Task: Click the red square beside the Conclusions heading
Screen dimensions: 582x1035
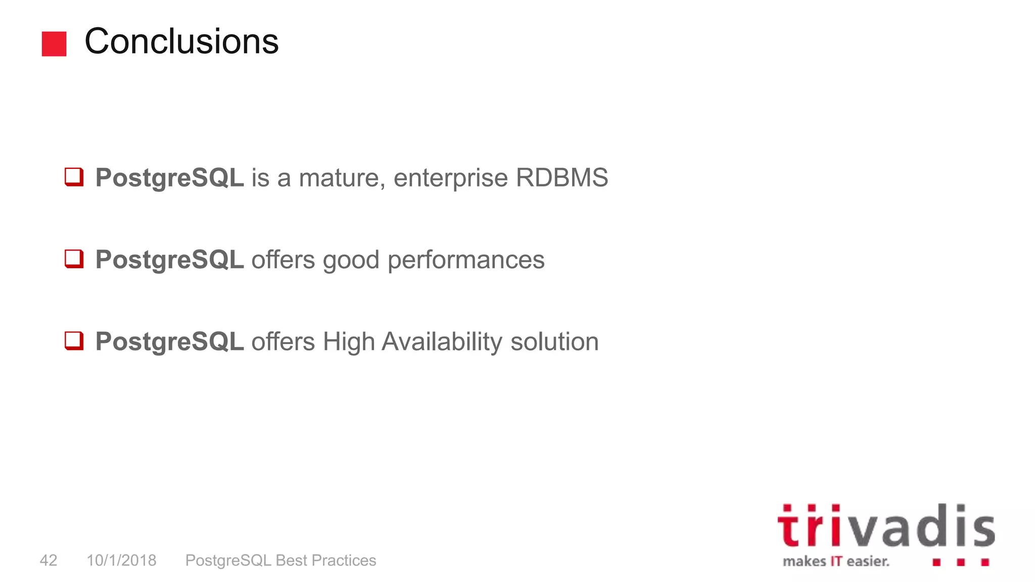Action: point(54,44)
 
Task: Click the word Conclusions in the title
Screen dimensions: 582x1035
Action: point(181,41)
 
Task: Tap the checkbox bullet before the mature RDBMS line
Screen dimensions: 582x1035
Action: point(74,177)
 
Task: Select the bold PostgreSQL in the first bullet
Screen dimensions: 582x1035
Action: point(169,178)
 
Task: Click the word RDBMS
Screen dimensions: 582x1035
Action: point(561,178)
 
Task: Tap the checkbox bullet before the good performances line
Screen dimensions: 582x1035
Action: point(74,259)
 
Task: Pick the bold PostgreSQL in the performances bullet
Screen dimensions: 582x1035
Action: point(169,260)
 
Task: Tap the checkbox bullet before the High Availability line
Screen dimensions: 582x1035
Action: point(74,341)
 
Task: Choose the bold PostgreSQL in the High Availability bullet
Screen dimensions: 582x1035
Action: point(169,342)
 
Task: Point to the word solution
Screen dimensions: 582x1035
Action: point(554,342)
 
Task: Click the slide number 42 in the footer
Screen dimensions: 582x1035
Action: point(49,560)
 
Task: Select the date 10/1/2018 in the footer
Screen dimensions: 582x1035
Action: point(121,560)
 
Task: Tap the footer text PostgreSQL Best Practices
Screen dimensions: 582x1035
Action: point(280,560)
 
